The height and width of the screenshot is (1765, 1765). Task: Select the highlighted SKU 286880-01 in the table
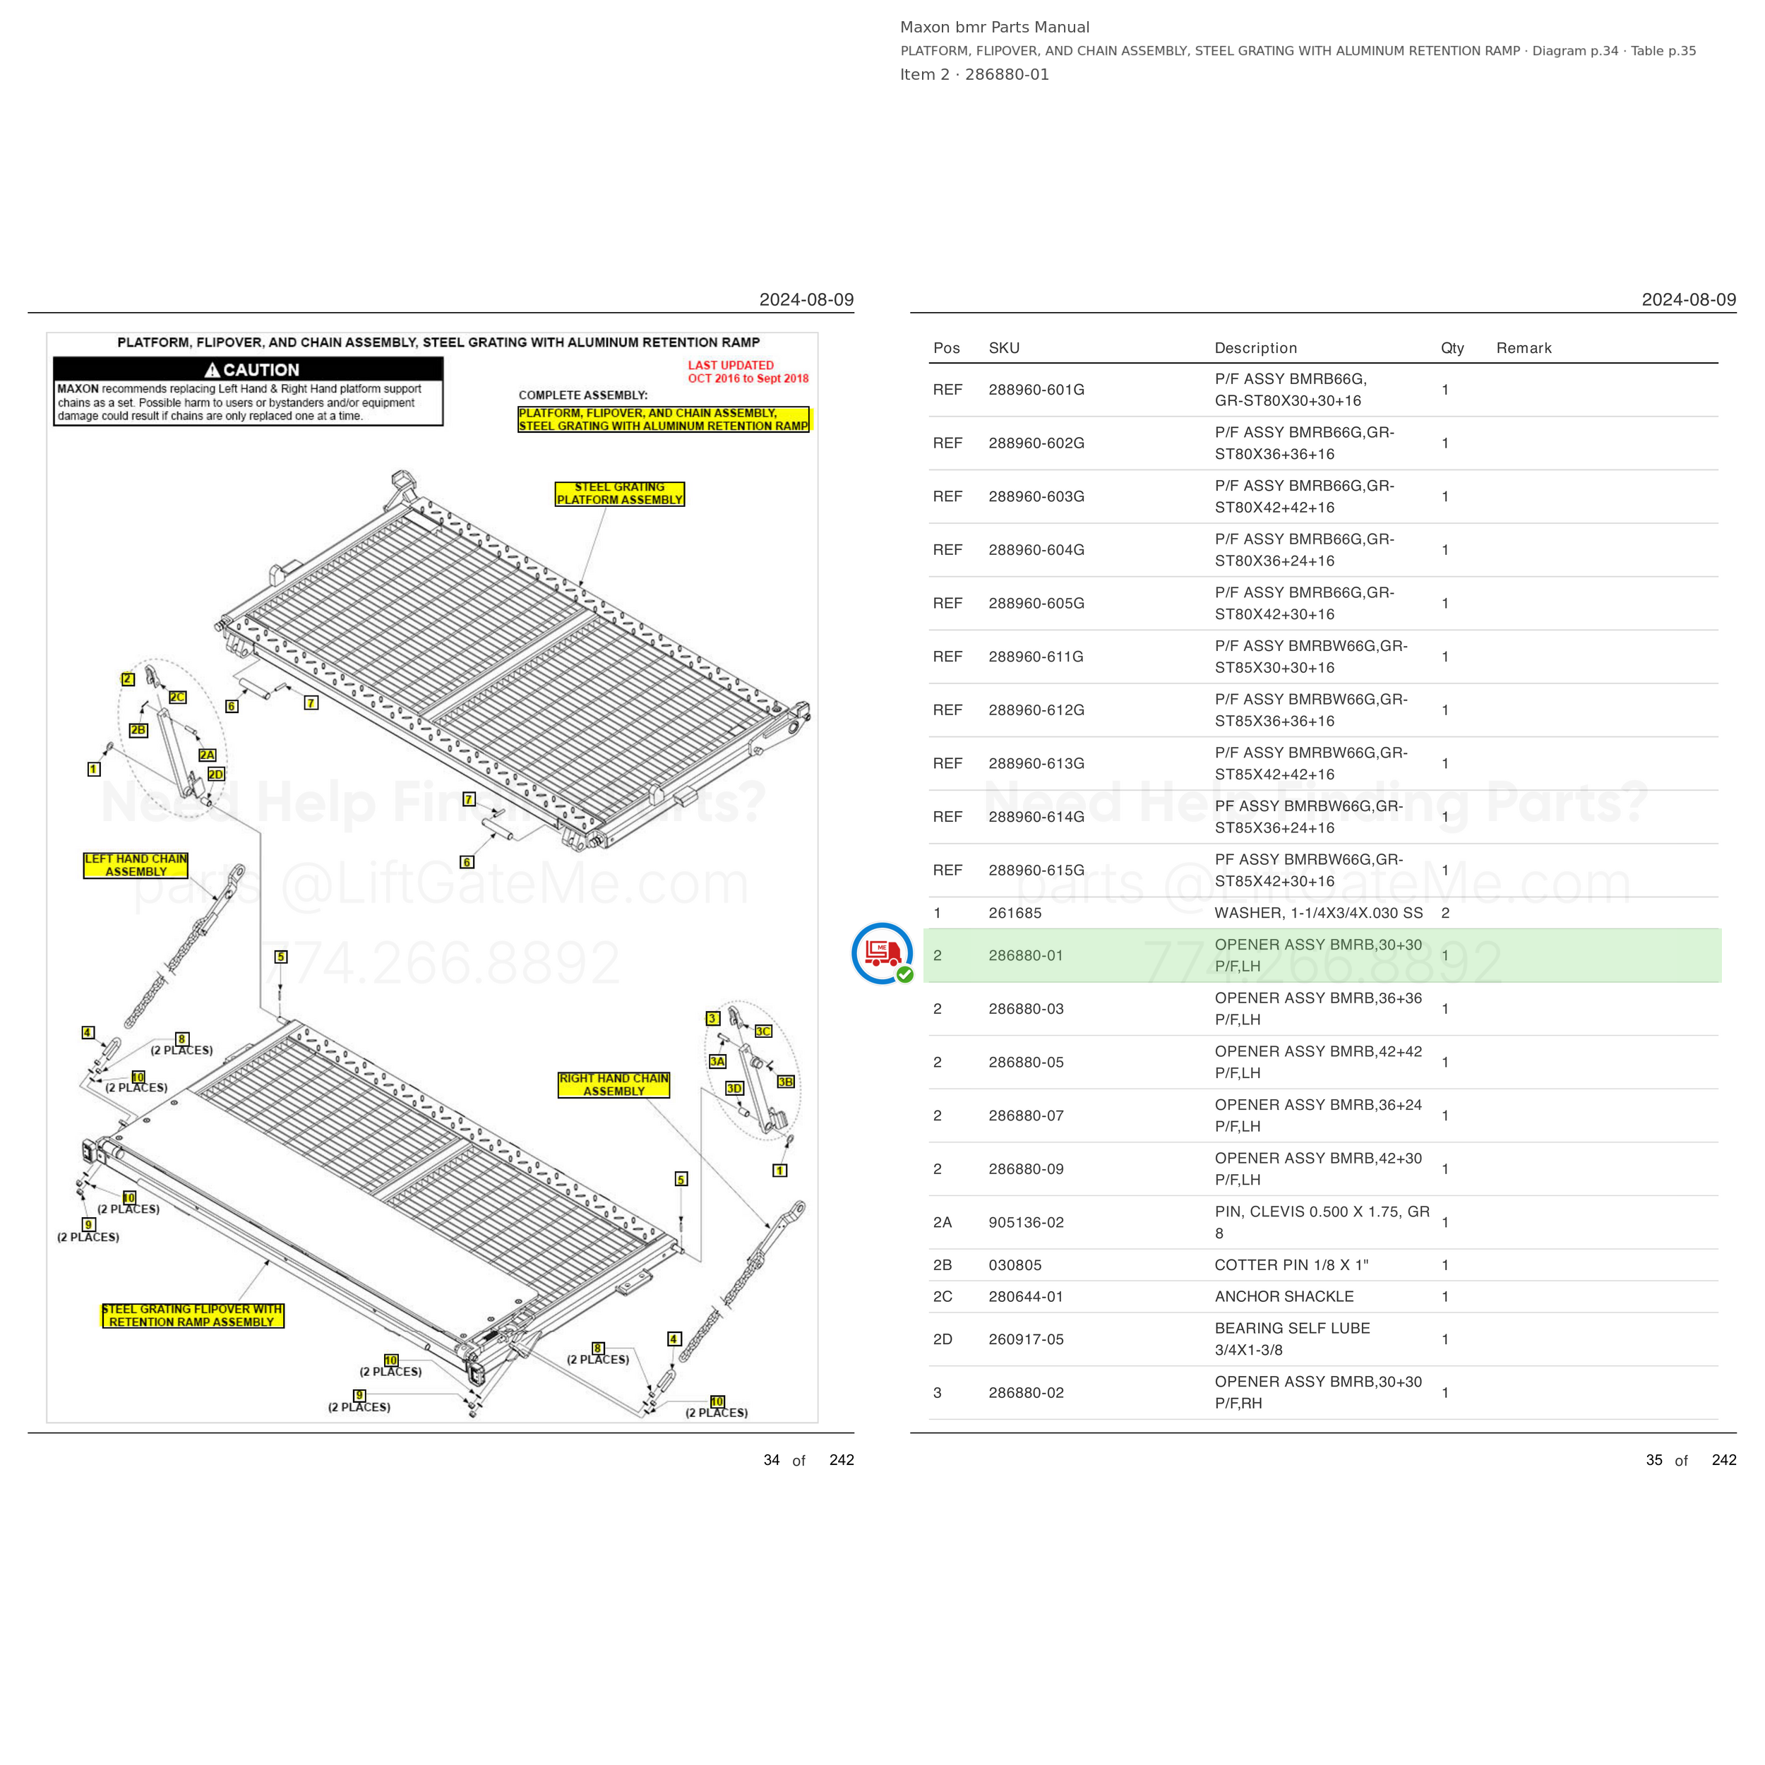click(x=1025, y=956)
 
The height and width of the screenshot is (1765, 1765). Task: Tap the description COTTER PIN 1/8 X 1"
click(x=1291, y=1265)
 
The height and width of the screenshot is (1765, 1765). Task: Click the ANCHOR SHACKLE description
click(x=1284, y=1296)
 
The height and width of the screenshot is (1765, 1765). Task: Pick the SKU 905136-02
click(x=1026, y=1222)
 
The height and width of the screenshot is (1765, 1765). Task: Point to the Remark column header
click(x=1524, y=348)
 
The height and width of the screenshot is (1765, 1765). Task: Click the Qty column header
click(x=1452, y=348)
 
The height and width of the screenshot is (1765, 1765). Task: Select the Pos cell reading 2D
click(x=942, y=1339)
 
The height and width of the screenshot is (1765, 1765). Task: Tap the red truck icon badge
click(x=882, y=954)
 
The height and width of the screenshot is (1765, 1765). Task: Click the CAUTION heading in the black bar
click(x=252, y=370)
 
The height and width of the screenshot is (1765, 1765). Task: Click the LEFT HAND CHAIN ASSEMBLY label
click(x=136, y=865)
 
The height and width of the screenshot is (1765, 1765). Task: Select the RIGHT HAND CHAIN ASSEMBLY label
click(x=614, y=1084)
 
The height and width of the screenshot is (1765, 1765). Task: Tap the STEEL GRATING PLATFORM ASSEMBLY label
click(x=619, y=494)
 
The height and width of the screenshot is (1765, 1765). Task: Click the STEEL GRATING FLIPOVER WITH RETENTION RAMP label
click(x=192, y=1315)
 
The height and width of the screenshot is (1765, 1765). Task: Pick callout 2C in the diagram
click(x=177, y=697)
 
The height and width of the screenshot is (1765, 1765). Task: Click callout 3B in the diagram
click(x=786, y=1082)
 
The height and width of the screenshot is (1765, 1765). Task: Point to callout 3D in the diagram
click(x=734, y=1088)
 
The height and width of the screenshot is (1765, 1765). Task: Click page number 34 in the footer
click(x=771, y=1460)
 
